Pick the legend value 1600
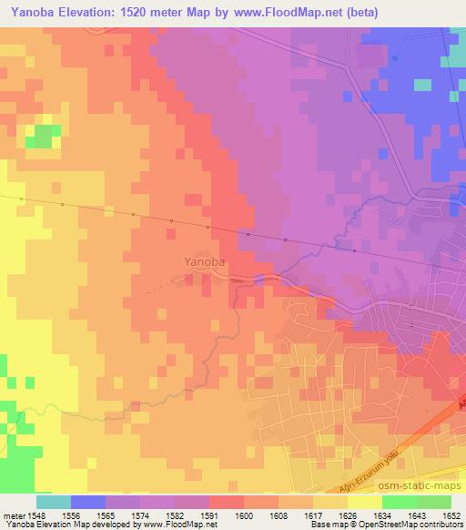[x=245, y=515]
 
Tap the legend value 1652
[x=451, y=515]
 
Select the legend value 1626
[x=349, y=515]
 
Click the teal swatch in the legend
[x=53, y=502]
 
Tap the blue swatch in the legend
[x=87, y=502]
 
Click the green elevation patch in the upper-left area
[x=41, y=138]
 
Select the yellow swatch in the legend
[x=364, y=502]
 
